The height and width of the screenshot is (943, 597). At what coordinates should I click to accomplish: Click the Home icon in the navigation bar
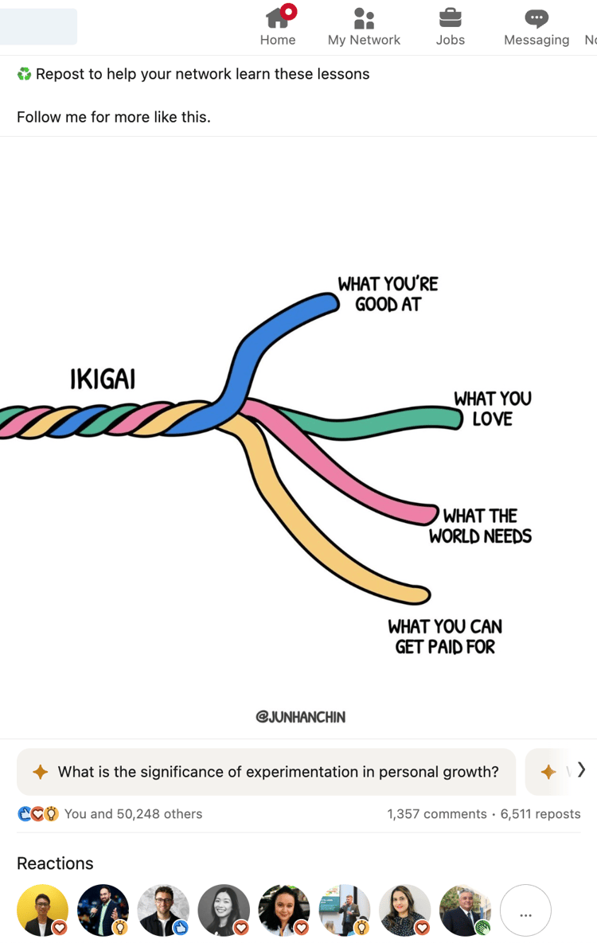pyautogui.click(x=278, y=18)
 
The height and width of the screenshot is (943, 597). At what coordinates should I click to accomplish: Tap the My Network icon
pyautogui.click(x=364, y=18)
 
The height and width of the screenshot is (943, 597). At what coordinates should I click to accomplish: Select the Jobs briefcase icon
pyautogui.click(x=450, y=18)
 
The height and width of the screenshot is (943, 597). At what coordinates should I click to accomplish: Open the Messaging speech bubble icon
pyautogui.click(x=537, y=18)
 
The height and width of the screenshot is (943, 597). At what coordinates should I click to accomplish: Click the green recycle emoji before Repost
pyautogui.click(x=24, y=74)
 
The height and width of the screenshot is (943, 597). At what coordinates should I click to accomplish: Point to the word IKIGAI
pyautogui.click(x=103, y=380)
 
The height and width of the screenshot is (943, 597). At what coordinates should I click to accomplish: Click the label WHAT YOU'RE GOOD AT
pyautogui.click(x=388, y=294)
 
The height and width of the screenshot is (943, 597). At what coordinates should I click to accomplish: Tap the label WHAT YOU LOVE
pyautogui.click(x=493, y=408)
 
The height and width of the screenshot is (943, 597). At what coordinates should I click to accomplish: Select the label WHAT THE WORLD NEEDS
pyautogui.click(x=480, y=526)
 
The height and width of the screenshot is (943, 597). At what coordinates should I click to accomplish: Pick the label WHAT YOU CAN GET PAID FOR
pyautogui.click(x=445, y=637)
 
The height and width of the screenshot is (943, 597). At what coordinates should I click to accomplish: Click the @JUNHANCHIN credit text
pyautogui.click(x=301, y=717)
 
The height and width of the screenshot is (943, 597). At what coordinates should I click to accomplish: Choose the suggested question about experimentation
pyautogui.click(x=266, y=772)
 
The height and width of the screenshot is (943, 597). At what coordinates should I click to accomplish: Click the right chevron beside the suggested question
pyautogui.click(x=581, y=770)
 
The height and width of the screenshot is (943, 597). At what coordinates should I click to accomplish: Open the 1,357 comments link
pyautogui.click(x=436, y=814)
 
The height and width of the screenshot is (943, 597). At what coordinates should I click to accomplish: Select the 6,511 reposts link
pyautogui.click(x=540, y=814)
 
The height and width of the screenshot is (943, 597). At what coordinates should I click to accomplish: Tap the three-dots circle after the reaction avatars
pyautogui.click(x=525, y=911)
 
